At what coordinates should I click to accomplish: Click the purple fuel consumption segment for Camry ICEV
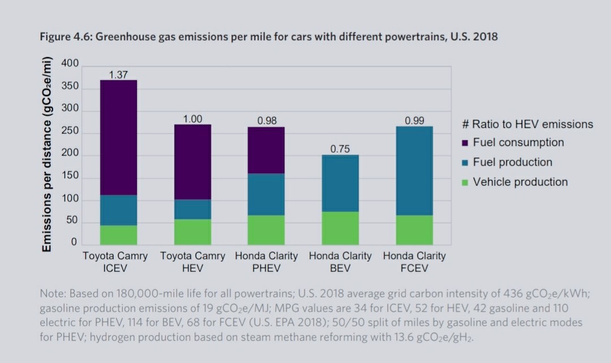tap(118, 137)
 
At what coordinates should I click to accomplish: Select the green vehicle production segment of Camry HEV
tap(192, 232)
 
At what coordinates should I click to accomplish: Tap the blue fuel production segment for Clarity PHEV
tap(266, 194)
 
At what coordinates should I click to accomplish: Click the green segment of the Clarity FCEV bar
tap(414, 230)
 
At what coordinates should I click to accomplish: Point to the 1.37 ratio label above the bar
tap(118, 74)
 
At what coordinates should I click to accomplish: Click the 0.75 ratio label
tap(340, 149)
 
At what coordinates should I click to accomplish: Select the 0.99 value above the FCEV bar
tap(414, 120)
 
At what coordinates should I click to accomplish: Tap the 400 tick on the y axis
tap(70, 63)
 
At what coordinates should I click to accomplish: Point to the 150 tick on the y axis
tap(70, 176)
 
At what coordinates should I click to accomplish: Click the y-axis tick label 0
tap(74, 243)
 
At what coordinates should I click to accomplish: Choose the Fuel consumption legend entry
tap(518, 142)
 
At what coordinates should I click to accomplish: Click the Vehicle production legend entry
tap(519, 182)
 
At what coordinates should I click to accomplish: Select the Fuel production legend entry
tap(512, 162)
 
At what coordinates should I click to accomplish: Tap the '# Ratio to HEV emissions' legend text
tap(527, 124)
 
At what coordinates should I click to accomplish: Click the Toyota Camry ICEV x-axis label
tap(115, 262)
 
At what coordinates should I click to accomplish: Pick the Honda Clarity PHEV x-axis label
tap(266, 262)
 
